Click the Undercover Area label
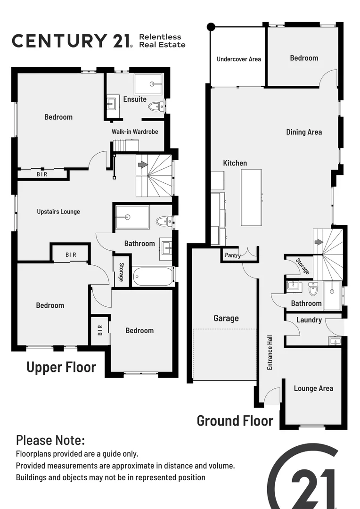pos(238,59)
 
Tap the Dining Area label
pos(304,132)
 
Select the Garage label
pos(226,319)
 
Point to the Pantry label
pos(233,256)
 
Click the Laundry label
pos(309,320)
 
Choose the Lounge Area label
pos(313,388)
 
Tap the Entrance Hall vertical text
pos(270,352)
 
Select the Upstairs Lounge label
pos(58,212)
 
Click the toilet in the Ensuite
pos(155,107)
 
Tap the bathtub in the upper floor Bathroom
pos(153,277)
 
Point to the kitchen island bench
pos(251,197)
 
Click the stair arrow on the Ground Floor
pos(319,242)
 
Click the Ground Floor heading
pos(235,420)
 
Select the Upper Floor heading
pos(61,367)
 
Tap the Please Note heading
pos(50,441)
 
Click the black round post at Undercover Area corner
pos(211,27)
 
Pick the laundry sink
pos(335,341)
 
